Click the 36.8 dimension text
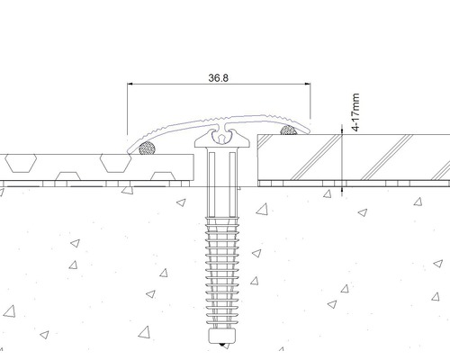tap(217, 78)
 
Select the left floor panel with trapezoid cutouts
tap(90, 165)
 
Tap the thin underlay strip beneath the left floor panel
tap(90, 184)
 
